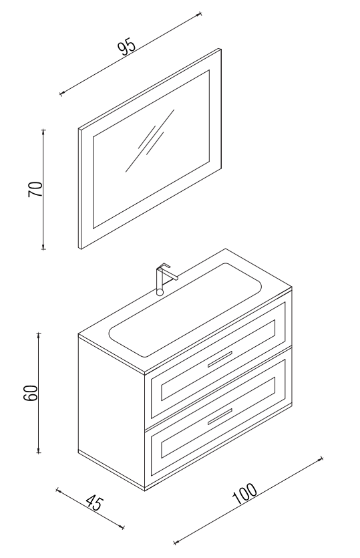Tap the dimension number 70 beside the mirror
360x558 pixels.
35,189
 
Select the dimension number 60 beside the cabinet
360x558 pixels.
31,393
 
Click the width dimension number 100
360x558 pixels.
244,493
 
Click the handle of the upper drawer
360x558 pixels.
220,359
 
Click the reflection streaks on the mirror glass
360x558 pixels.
150,140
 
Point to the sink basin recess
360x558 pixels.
185,309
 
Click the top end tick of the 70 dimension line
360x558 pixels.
43,130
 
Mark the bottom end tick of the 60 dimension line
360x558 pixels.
39,452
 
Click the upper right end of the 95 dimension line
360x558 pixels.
200,14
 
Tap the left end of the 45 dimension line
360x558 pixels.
57,490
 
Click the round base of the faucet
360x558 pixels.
160,292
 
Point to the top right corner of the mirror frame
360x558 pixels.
221,49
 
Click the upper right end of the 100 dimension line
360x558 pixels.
321,458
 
